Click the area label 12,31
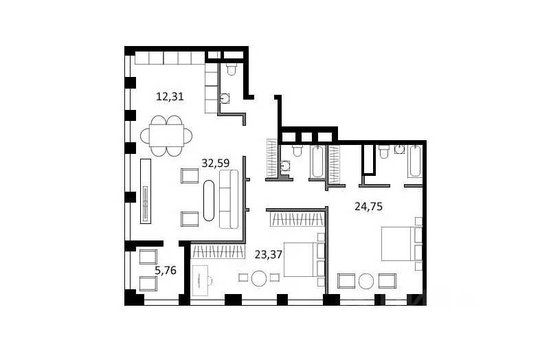tap(169, 97)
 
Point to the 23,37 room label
tap(269, 254)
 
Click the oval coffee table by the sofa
tap(209, 200)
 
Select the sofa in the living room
tap(229, 199)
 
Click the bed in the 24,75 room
tap(397, 244)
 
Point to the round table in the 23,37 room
tap(258, 278)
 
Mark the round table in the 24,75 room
tap(368, 281)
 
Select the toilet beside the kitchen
tap(231, 69)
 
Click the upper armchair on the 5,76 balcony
tap(148, 258)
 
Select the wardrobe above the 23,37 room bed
tap(296, 220)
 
